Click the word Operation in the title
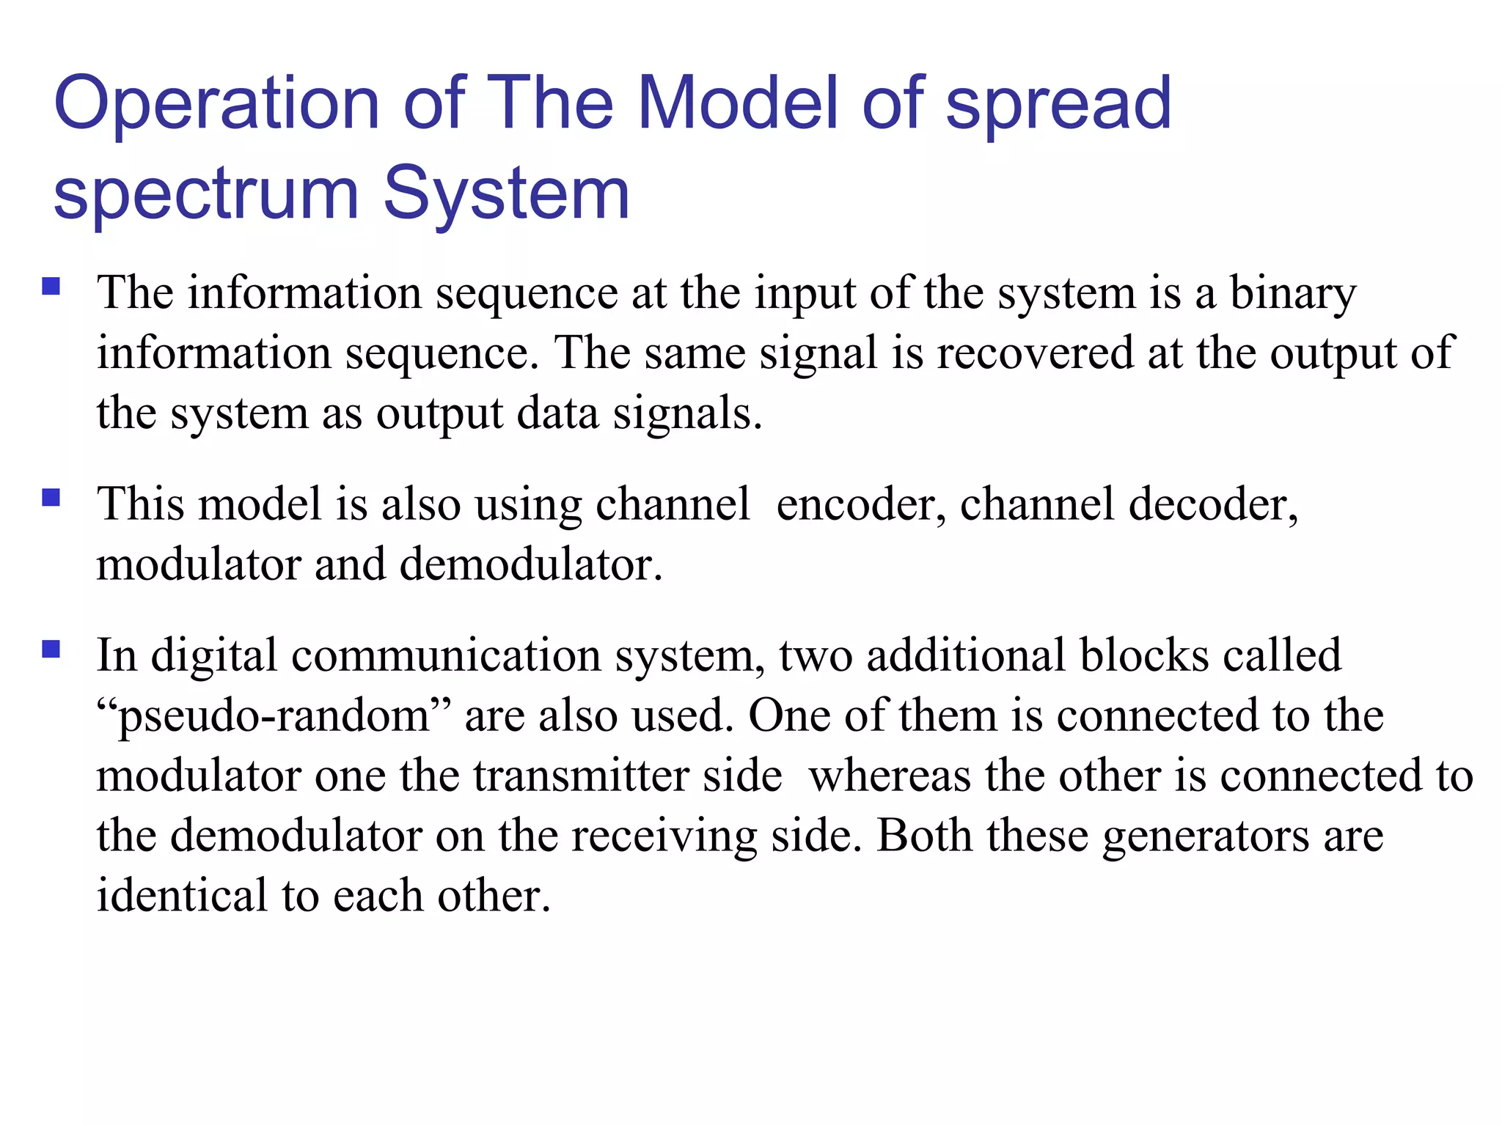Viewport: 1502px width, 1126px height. pos(216,103)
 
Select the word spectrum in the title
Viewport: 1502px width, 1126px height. pos(206,194)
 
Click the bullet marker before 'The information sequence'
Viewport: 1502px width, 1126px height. pos(51,286)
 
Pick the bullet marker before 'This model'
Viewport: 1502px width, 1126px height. pos(51,498)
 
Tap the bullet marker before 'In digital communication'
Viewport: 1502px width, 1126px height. pos(51,650)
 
